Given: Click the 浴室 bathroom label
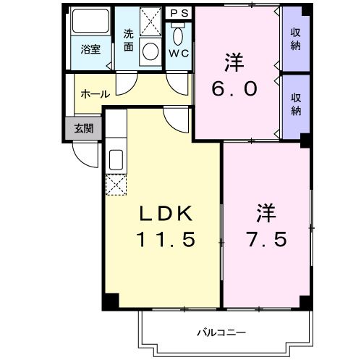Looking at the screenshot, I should point(90,49).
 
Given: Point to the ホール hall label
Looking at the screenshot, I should point(95,94).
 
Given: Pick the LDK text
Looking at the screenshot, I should point(165,214).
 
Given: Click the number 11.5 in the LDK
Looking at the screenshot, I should point(165,240).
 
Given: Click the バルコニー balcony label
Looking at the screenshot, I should point(221,332).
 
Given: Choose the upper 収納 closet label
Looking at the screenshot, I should point(296,39).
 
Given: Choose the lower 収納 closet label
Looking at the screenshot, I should point(296,104).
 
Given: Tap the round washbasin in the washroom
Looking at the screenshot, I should point(151,51).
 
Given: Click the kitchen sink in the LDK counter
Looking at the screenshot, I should point(116,159).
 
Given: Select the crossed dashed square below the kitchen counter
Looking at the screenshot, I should point(116,186).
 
